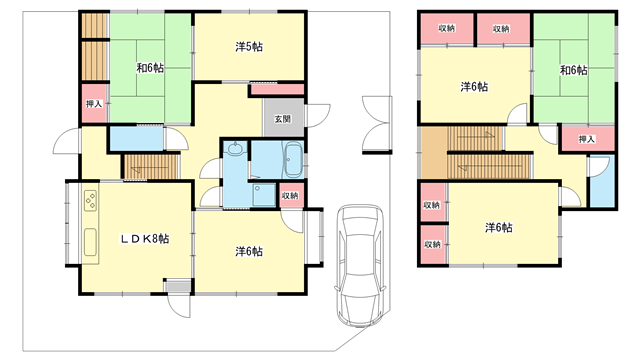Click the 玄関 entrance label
[282, 119]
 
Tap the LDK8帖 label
[144, 239]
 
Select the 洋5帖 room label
[249, 47]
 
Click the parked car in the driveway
[360, 265]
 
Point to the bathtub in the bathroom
[293, 159]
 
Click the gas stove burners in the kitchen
[91, 201]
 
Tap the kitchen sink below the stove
[91, 242]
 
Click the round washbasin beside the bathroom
[235, 149]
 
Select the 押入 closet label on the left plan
[94, 104]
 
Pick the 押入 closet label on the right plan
[587, 139]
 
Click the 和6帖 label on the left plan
[150, 68]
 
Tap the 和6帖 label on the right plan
[573, 70]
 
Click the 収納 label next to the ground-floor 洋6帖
[290, 196]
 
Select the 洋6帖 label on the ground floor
[249, 251]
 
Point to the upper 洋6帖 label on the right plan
[474, 87]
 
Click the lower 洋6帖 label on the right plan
[499, 227]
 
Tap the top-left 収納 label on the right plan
[447, 29]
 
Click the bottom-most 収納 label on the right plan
[432, 244]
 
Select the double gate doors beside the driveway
[377, 124]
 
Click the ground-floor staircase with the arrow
[152, 166]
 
